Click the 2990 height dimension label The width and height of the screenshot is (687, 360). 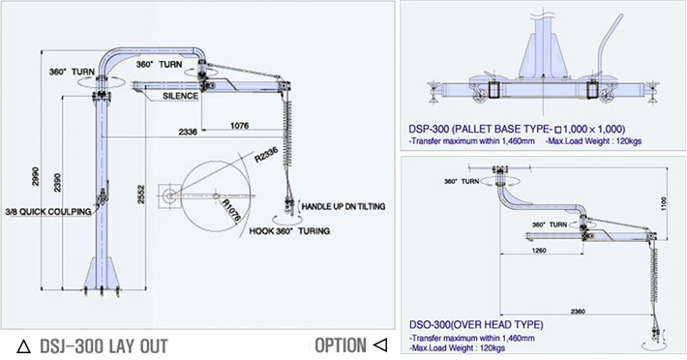[36, 176]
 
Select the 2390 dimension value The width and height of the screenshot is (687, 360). [58, 182]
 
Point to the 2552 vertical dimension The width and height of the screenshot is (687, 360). [141, 194]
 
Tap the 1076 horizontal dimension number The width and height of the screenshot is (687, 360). [239, 125]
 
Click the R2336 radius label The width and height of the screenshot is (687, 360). [266, 155]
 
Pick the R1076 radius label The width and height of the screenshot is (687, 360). [231, 210]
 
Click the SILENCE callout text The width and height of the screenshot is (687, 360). [181, 96]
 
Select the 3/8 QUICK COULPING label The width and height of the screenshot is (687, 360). [48, 212]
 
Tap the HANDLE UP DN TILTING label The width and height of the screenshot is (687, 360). [343, 206]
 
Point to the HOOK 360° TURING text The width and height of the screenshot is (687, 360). [289, 230]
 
